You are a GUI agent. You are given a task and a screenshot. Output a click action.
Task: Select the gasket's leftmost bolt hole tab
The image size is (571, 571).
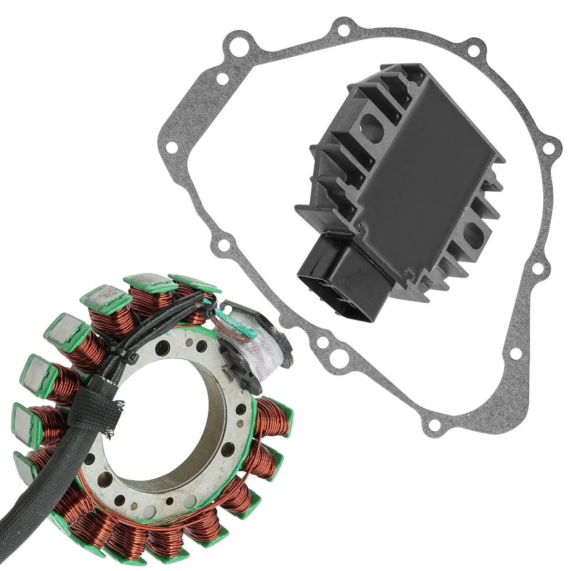[174, 147]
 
